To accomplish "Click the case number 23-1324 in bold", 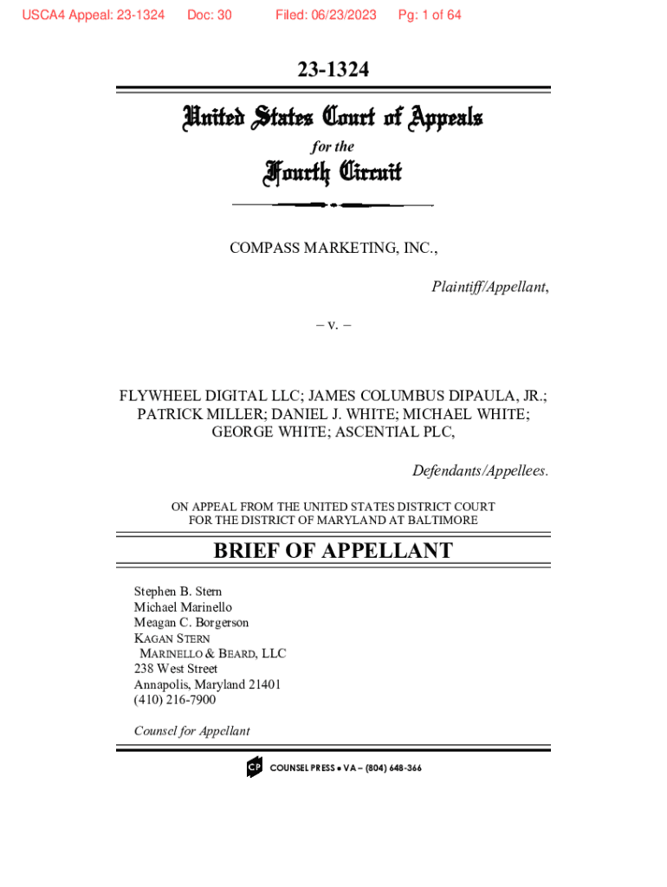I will click(x=333, y=70).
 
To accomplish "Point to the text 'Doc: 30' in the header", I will click(x=209, y=15).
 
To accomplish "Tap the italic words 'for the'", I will click(x=333, y=146).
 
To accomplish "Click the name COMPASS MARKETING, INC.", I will click(x=333, y=249).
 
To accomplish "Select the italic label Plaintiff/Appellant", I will click(x=489, y=288).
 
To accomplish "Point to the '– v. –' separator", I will click(x=333, y=327).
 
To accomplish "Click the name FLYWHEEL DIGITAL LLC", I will click(x=211, y=396).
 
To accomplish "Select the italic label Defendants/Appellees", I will click(x=480, y=471).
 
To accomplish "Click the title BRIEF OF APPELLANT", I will click(x=333, y=551).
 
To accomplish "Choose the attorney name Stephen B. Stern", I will click(x=178, y=592).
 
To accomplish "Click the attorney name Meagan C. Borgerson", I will click(x=191, y=622).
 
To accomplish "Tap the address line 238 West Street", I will click(x=176, y=669).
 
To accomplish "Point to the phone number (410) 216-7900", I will click(x=175, y=699).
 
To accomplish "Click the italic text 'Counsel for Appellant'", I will click(x=191, y=730).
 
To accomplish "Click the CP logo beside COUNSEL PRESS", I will click(x=254, y=767).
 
